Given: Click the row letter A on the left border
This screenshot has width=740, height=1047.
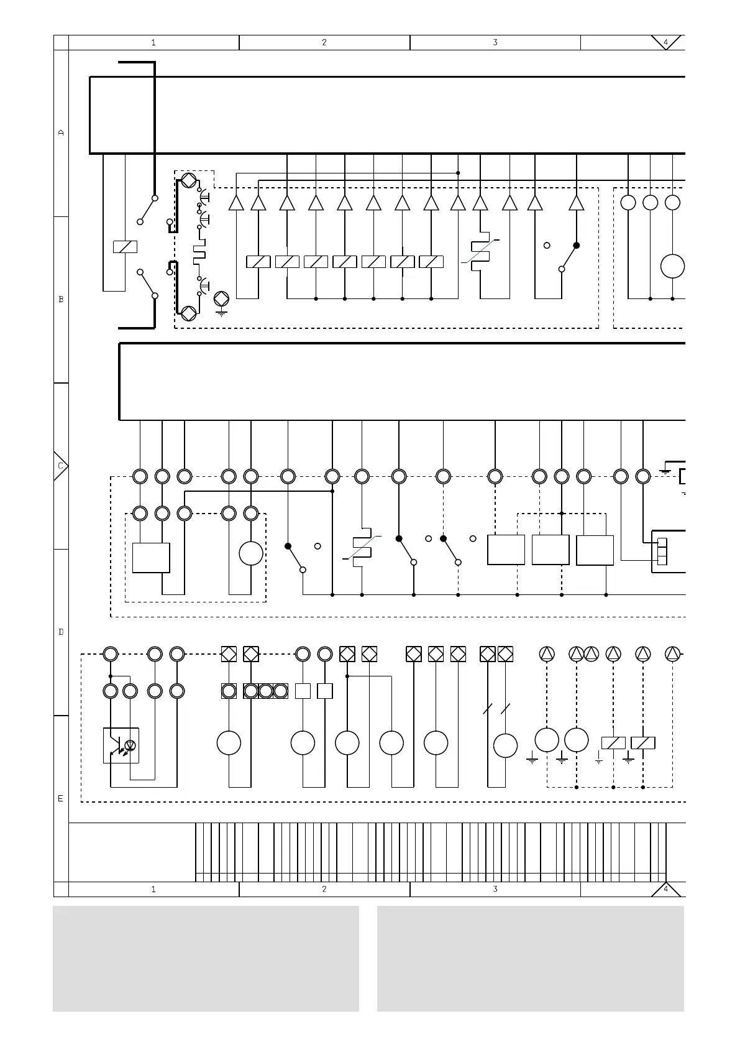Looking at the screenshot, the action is (x=61, y=132).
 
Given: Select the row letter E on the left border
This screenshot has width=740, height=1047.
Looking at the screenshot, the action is (x=61, y=798).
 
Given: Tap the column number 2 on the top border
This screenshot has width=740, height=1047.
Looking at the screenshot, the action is (x=324, y=42).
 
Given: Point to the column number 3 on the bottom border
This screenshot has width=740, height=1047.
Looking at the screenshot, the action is (x=495, y=889).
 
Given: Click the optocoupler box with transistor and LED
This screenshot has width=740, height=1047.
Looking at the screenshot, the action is (x=121, y=745).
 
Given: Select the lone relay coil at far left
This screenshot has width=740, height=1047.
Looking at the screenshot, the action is (x=125, y=247).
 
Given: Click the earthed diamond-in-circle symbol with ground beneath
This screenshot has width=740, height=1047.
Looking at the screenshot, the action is (x=221, y=298).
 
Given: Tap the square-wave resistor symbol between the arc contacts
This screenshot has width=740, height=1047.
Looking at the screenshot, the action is (x=199, y=254).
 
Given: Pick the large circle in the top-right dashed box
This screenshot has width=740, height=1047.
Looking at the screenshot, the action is (x=672, y=266).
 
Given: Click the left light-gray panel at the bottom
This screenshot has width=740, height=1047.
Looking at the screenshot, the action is (x=206, y=958).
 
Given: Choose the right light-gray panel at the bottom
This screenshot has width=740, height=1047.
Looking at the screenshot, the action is (x=530, y=958).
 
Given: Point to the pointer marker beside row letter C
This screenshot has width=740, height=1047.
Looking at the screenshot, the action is (x=60, y=466).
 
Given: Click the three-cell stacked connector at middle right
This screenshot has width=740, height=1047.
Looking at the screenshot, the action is (x=662, y=551).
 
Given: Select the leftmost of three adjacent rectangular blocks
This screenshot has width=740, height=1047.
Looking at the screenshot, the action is (x=506, y=550).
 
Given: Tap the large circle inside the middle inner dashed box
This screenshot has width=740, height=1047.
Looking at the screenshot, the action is (x=251, y=553).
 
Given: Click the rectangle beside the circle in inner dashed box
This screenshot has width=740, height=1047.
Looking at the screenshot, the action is (x=151, y=558).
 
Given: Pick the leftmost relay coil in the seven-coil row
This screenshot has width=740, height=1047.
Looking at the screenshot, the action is (x=258, y=262).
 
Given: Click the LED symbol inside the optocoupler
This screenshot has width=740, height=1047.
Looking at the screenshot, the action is (x=130, y=745).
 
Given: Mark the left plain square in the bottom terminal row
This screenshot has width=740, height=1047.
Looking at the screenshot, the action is (x=303, y=691).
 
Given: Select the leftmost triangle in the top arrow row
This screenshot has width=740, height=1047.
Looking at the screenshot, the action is (x=235, y=203).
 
